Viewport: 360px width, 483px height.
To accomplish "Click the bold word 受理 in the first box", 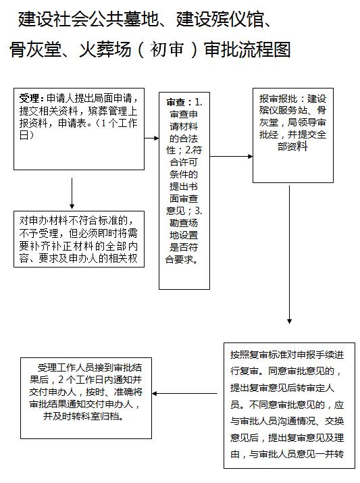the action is pos(29,99).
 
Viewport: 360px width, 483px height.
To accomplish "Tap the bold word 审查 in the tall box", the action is pos(176,102).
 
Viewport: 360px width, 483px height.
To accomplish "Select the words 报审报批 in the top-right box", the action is pos(278,99).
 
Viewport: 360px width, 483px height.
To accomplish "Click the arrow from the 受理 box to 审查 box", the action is pos(151,138).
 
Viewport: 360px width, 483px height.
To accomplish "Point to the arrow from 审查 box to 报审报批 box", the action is pos(231,157).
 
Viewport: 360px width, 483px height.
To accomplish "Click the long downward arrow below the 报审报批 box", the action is pos(289,254).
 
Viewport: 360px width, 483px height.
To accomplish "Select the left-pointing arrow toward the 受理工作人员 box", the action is pos(184,393).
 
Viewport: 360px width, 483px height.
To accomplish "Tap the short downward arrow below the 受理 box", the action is pos(72,193).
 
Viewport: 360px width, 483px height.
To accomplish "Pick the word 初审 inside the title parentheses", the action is pos(168,49).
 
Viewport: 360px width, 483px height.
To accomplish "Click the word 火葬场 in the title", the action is pos(105,49).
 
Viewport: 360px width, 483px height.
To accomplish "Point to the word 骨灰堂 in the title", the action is pos(35,49).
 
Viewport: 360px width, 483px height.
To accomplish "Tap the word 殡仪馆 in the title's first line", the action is pos(220,20).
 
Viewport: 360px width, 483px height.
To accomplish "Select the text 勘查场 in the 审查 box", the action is pos(184,223).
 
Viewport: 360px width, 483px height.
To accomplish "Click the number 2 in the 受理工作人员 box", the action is pos(61,380).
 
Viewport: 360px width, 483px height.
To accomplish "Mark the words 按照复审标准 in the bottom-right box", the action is pos(259,355).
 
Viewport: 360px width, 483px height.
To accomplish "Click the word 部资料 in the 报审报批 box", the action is pos(292,147).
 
